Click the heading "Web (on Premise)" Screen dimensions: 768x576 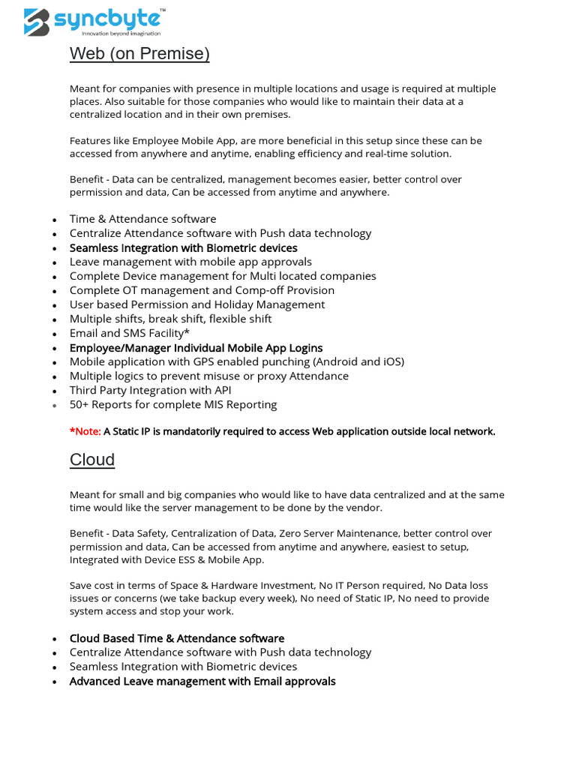tap(139, 54)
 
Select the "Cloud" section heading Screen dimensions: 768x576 tap(92, 460)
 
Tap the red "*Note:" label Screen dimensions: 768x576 tap(85, 431)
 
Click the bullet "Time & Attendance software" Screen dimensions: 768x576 tap(142, 219)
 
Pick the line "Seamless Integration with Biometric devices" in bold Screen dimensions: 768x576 tap(183, 247)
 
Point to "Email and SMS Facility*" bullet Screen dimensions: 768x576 tap(129, 333)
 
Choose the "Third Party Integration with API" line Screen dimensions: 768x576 tap(150, 390)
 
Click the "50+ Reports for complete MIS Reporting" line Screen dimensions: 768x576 tap(173, 404)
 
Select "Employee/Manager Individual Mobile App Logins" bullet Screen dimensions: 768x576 tap(196, 348)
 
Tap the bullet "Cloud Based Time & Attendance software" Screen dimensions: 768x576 tap(177, 638)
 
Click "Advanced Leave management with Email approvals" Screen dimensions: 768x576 tap(202, 681)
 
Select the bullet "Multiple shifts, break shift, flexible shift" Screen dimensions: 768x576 tap(170, 319)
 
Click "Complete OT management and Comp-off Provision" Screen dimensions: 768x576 tap(202, 290)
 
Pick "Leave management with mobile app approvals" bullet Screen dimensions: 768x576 tap(190, 262)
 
